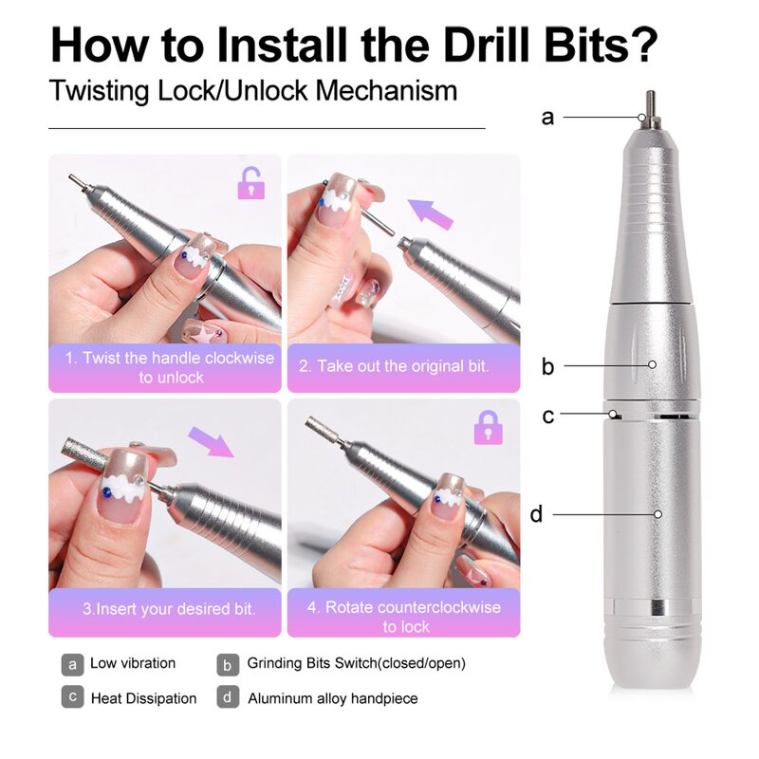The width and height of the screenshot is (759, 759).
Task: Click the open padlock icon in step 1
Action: coord(250,183)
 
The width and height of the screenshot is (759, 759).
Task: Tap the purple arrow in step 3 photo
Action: coord(210,440)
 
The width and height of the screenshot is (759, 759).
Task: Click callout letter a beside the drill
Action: coord(547,118)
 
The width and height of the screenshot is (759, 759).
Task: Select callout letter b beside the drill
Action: coord(547,366)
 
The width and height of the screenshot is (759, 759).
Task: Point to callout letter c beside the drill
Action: coord(547,416)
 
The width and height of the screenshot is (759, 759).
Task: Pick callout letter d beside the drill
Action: coord(537,514)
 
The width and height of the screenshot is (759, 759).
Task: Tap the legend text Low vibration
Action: coord(133,663)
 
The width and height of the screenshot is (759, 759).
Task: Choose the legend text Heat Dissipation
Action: coord(143,698)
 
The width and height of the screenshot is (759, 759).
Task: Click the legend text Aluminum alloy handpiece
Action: coord(332,698)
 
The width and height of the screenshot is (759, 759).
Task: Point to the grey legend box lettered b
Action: coord(227,664)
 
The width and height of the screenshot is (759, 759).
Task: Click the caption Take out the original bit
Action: coord(402,365)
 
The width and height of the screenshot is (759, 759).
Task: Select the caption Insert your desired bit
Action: coord(168,608)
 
